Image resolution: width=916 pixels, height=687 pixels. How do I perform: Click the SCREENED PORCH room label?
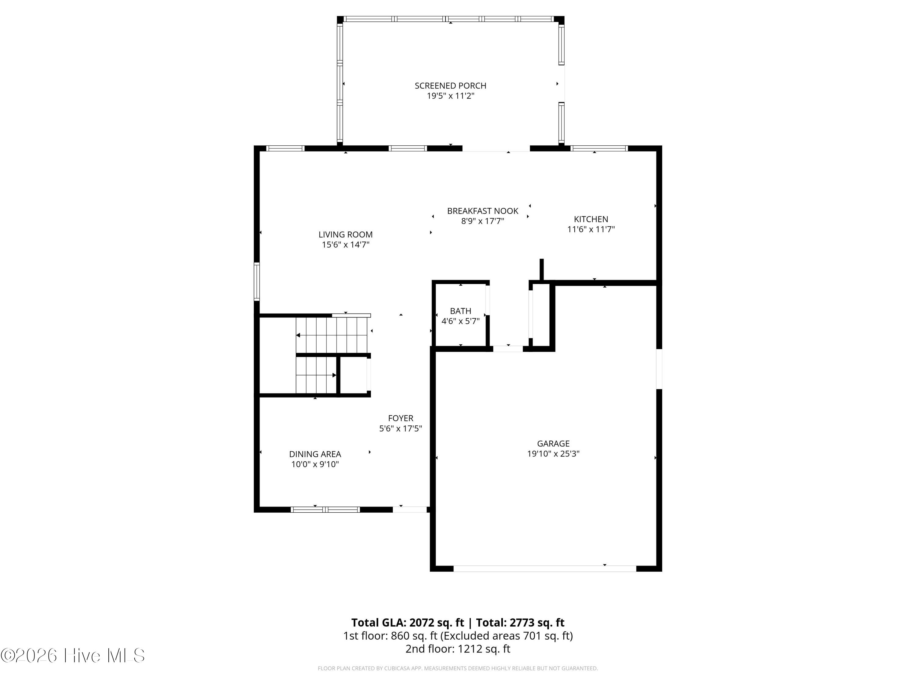pos(451,86)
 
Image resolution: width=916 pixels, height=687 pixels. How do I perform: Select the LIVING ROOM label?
pos(345,234)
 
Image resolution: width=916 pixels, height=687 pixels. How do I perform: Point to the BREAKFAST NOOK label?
pos(482,211)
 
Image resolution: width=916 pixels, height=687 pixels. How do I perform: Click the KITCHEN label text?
pos(591,219)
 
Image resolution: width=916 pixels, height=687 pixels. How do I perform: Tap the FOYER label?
pos(400,418)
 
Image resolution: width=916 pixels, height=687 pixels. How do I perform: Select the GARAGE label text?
pos(553,444)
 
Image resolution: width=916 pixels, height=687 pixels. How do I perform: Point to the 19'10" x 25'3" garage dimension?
pos(553,453)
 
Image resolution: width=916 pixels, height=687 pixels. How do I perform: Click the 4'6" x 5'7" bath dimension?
pos(460,321)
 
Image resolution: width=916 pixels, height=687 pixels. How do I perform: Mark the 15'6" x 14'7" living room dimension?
pos(345,244)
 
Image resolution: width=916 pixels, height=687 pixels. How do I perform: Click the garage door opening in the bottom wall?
pos(545,569)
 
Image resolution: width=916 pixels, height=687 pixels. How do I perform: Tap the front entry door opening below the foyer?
pos(409,509)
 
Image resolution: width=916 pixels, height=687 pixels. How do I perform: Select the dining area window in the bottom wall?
pos(325,509)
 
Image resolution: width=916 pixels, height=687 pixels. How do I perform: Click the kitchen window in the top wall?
pos(599,148)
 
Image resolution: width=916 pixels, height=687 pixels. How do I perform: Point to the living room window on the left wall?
pos(257,282)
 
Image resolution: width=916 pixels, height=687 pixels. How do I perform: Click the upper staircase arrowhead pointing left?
pos(298,335)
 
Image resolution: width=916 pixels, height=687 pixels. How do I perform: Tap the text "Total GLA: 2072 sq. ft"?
pos(408,622)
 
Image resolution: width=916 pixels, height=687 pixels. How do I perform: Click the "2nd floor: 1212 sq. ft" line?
pos(458,649)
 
